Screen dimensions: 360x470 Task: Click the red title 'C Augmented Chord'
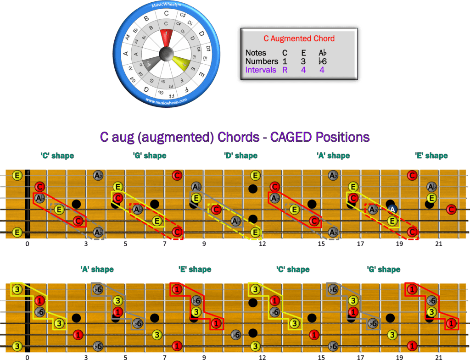click(x=299, y=39)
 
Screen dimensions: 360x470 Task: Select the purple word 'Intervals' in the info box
click(x=261, y=70)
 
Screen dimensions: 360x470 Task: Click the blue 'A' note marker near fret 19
click(x=392, y=210)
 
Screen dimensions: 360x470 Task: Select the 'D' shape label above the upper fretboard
click(x=241, y=156)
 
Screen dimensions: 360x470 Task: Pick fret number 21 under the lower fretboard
click(x=439, y=356)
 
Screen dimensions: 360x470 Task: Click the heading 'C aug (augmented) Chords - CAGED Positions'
click(x=235, y=137)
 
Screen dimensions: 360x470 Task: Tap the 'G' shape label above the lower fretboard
click(x=384, y=269)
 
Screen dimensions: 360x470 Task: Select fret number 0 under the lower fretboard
click(x=27, y=356)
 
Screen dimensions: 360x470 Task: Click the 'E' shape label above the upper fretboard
click(x=431, y=156)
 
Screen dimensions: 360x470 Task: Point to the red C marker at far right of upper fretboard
click(x=451, y=210)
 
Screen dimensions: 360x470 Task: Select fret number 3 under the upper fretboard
click(x=86, y=244)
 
